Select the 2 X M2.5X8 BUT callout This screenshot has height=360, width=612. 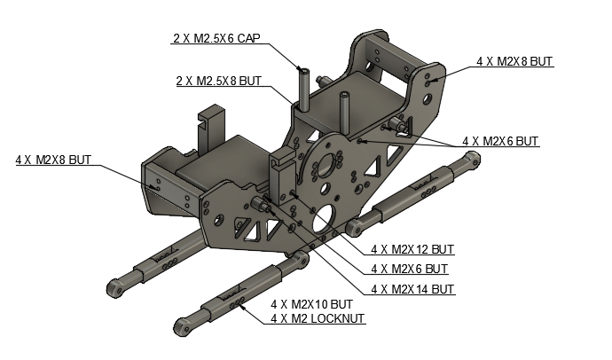(219, 81)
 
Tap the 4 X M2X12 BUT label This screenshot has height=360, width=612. (412, 249)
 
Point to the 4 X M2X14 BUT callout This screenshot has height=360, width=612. (412, 289)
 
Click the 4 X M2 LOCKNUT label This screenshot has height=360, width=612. (318, 317)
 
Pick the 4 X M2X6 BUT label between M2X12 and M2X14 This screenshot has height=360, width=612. (409, 269)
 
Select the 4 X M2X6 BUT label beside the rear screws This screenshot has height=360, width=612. (500, 141)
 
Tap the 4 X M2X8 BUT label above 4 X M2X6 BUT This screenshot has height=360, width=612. (514, 61)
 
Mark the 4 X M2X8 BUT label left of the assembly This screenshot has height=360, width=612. (53, 160)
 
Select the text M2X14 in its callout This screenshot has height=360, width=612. (414, 289)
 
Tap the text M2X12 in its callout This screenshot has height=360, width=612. (414, 249)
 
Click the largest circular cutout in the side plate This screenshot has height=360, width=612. (325, 216)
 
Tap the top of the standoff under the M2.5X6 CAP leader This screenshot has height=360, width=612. (303, 70)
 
